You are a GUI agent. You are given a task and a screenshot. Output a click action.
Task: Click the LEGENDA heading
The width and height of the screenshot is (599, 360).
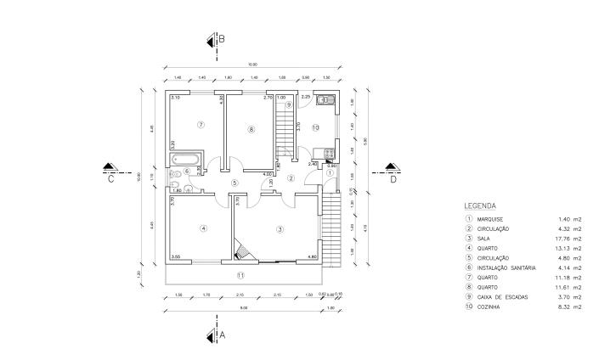click(x=480, y=206)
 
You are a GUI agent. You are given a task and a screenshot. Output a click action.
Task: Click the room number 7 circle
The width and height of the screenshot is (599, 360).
click(x=201, y=124)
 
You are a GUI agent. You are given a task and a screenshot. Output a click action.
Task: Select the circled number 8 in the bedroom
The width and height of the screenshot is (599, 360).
click(x=251, y=129)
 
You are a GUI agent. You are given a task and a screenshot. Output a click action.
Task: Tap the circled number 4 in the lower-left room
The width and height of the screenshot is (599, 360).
click(x=203, y=228)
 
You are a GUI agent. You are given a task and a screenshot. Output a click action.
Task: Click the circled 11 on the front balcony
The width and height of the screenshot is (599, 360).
click(x=240, y=275)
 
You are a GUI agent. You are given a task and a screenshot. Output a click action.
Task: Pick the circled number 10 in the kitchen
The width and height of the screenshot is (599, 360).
click(x=314, y=127)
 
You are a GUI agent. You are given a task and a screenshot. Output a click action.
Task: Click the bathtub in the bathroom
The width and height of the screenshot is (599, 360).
click(x=186, y=158)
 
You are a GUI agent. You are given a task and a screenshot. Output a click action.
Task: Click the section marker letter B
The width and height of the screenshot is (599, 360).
click(x=222, y=39)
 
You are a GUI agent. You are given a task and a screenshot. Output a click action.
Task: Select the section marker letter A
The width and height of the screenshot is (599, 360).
click(x=223, y=335)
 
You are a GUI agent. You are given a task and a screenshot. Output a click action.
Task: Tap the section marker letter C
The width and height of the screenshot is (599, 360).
click(x=110, y=179)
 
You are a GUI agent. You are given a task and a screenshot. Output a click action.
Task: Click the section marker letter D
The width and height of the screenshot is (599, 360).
click(x=393, y=179)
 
